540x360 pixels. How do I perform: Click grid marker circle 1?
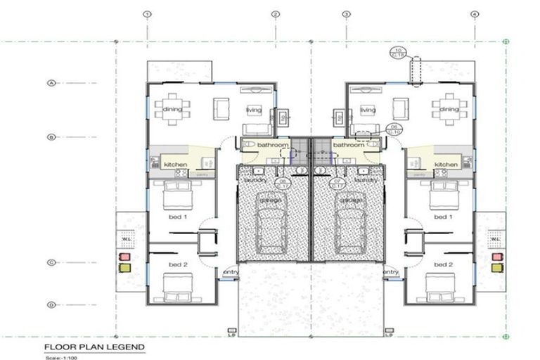point(147,14)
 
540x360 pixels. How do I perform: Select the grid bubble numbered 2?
point(276,14)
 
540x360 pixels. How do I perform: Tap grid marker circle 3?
point(346,14)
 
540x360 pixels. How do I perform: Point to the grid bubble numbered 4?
point(475,14)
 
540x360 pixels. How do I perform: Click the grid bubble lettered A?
point(51,83)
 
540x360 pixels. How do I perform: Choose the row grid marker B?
point(51,137)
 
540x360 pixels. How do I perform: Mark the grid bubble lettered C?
point(51,263)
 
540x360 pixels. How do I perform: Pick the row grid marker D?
point(51,304)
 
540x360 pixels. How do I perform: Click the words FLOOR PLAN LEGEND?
point(94,347)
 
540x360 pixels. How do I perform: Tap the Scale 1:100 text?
point(59,356)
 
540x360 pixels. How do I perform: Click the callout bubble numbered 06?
point(394,129)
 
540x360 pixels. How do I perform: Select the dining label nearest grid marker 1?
point(172,109)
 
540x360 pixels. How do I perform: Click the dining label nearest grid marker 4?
point(449,109)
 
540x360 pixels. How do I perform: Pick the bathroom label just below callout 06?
point(347,145)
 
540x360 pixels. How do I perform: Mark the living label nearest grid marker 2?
point(253,110)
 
